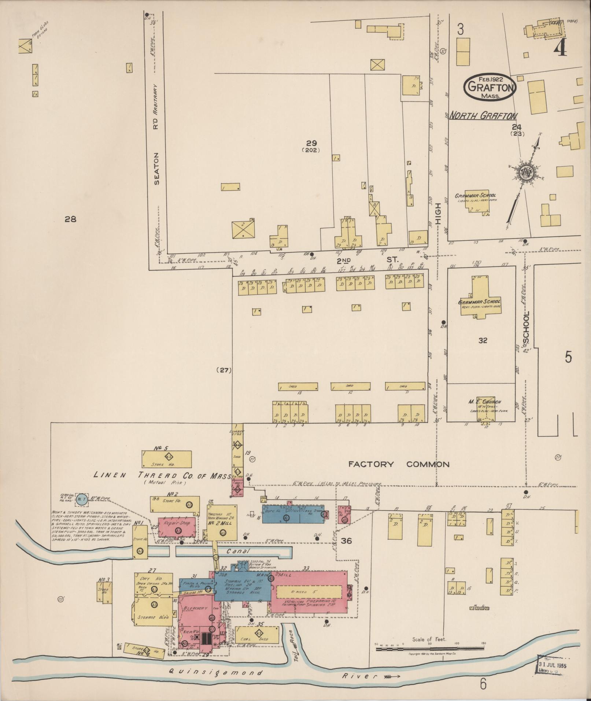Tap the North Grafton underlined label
(483, 116)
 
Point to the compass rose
(526, 173)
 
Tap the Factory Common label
(399, 465)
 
